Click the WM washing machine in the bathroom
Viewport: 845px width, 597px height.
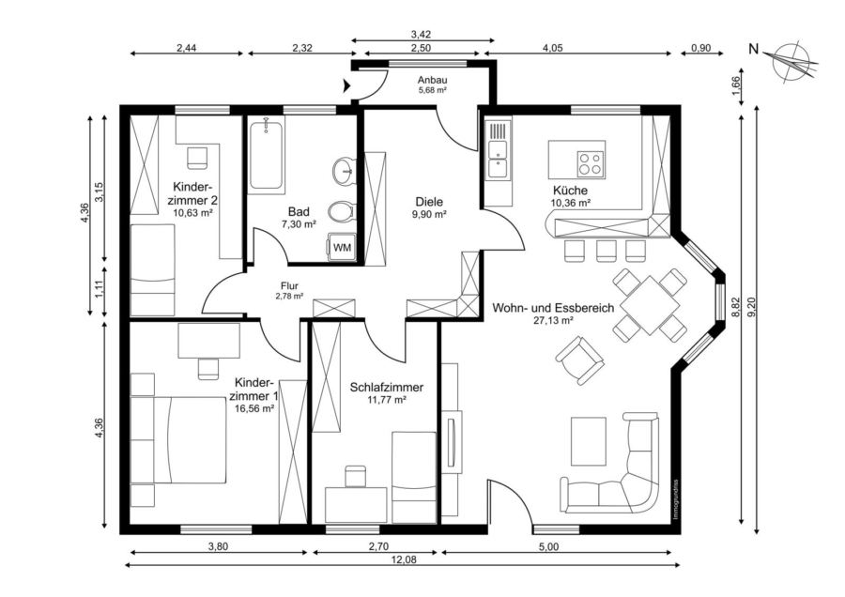[x=341, y=247]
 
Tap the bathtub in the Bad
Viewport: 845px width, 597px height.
[x=267, y=154]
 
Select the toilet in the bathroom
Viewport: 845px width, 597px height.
[x=342, y=210]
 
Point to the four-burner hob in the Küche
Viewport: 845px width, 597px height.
[x=589, y=163]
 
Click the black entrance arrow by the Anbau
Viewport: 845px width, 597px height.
[x=346, y=85]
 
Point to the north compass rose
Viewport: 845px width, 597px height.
[x=792, y=60]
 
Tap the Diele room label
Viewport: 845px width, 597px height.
[x=429, y=202]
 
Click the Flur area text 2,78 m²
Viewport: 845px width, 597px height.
[x=289, y=296]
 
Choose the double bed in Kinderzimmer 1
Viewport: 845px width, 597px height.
[x=178, y=440]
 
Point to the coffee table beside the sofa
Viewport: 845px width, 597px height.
[x=589, y=440]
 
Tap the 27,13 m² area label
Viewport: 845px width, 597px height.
[x=553, y=320]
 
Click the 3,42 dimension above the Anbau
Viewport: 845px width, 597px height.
[x=421, y=35]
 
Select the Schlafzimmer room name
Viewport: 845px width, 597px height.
[x=387, y=387]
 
